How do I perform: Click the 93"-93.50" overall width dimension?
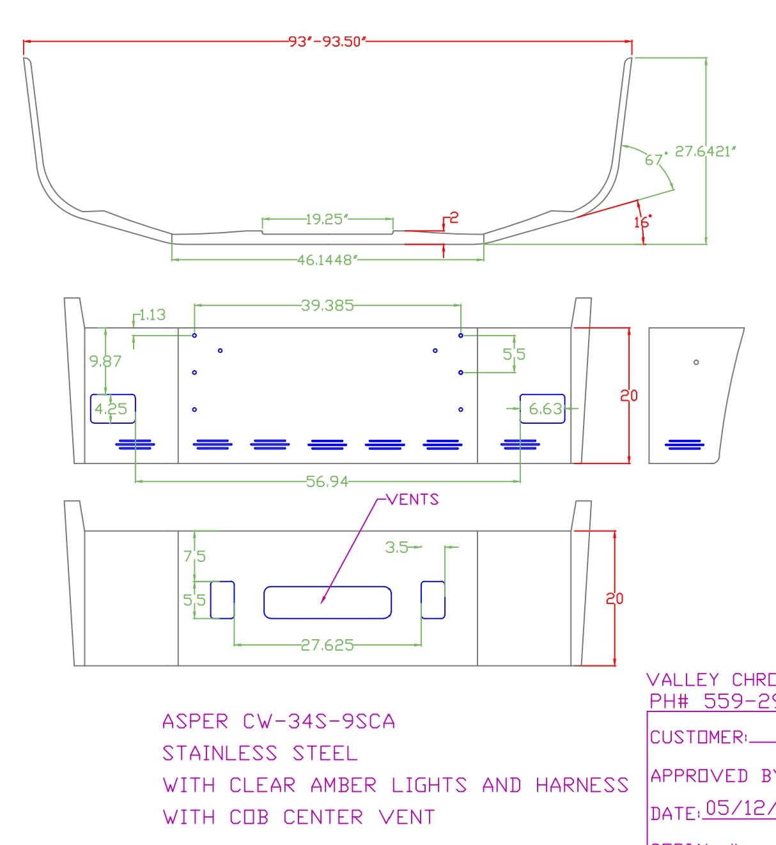(327, 42)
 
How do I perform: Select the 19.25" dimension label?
(327, 219)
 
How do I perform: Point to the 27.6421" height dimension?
(706, 151)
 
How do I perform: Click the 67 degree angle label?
(653, 159)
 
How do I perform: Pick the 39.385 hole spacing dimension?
(327, 306)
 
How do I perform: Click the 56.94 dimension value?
(327, 481)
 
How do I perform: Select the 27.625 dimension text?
(327, 645)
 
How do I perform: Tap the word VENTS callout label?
(414, 500)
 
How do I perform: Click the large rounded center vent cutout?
(327, 603)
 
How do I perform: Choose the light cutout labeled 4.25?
(113, 408)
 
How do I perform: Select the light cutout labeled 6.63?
(543, 408)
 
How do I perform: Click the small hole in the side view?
(696, 362)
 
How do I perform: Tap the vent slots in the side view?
(685, 444)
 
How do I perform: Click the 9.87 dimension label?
(105, 361)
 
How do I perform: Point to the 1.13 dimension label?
(152, 315)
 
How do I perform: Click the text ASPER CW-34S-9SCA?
(279, 722)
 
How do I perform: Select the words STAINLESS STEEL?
(260, 754)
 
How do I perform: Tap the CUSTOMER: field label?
(698, 738)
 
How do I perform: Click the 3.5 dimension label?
(396, 547)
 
